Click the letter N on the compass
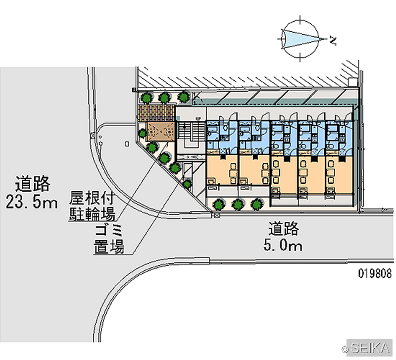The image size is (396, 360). (x=333, y=41)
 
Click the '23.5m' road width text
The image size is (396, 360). (x=32, y=203)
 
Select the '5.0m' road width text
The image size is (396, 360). (x=283, y=245)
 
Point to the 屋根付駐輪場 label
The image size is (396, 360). (x=92, y=206)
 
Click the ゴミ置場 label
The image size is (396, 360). (x=109, y=239)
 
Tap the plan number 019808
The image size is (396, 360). (x=375, y=273)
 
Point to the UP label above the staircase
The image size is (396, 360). (x=198, y=118)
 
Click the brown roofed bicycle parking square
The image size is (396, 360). (x=160, y=131)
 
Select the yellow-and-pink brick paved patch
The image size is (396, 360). (x=156, y=113)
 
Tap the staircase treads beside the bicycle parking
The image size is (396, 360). (x=191, y=131)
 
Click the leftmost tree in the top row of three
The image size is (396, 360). (x=147, y=98)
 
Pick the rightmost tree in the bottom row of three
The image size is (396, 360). (x=257, y=205)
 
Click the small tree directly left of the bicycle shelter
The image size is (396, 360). (x=143, y=133)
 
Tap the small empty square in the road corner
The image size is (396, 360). (x=127, y=144)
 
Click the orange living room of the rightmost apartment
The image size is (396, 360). (x=339, y=176)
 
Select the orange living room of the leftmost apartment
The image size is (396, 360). (x=222, y=169)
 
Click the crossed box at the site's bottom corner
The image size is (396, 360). (x=217, y=215)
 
